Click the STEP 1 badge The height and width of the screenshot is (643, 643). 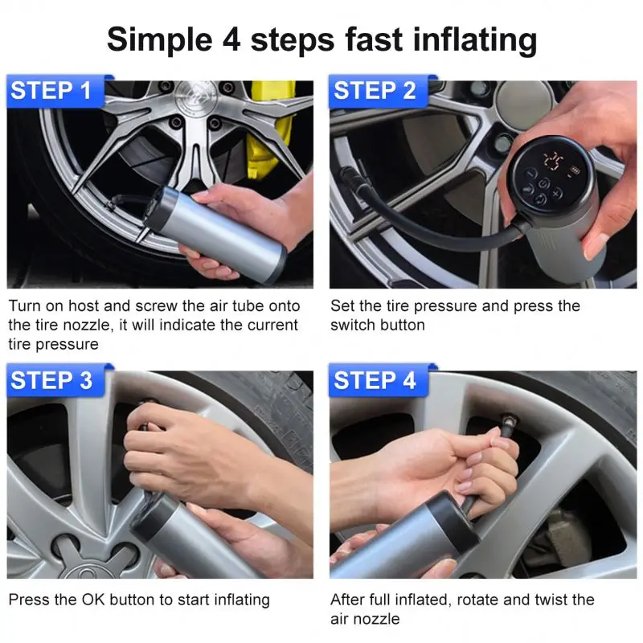pyautogui.click(x=53, y=91)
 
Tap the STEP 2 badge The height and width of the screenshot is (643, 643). pyautogui.click(x=375, y=91)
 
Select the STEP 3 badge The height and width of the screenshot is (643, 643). pyautogui.click(x=53, y=380)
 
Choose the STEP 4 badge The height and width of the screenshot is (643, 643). pyautogui.click(x=375, y=380)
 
